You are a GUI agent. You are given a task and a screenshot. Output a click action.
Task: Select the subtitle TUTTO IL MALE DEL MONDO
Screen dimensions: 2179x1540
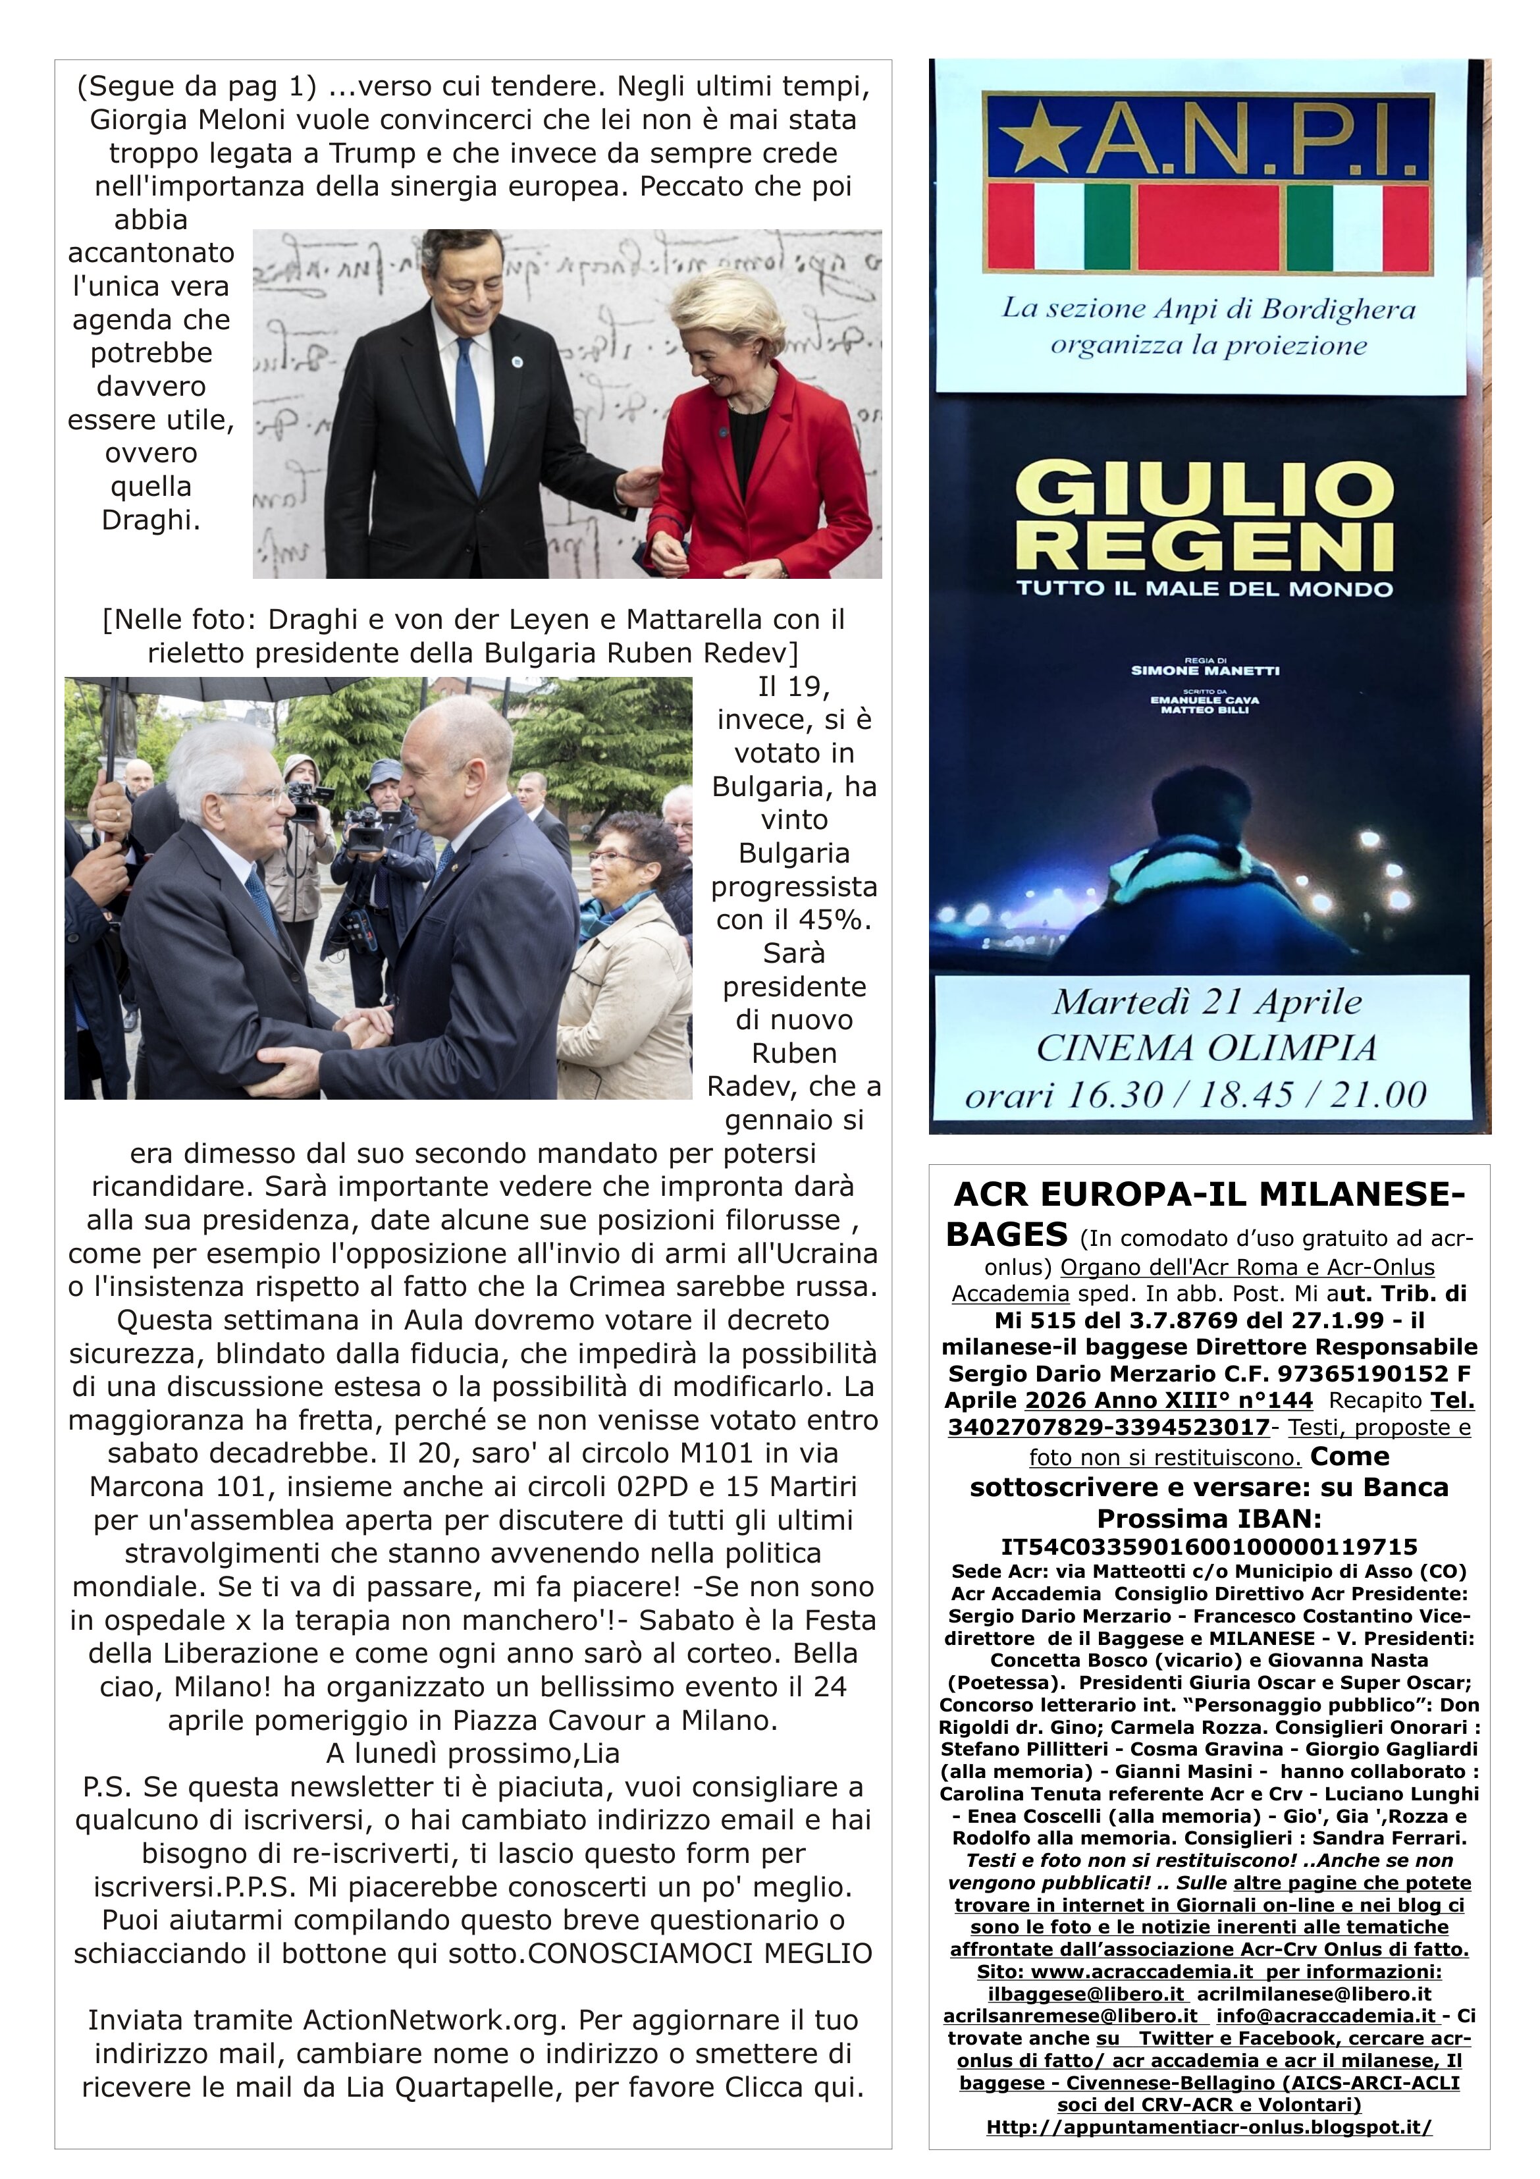(x=1204, y=589)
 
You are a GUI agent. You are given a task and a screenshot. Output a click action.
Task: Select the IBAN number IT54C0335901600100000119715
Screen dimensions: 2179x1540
(x=1209, y=1547)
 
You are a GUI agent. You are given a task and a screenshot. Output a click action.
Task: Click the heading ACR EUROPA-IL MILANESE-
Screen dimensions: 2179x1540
(x=1209, y=1194)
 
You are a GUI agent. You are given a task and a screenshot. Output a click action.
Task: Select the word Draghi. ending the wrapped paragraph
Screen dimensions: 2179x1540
(x=151, y=520)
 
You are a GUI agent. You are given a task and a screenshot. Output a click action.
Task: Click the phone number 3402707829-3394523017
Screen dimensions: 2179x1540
(x=1108, y=1428)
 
